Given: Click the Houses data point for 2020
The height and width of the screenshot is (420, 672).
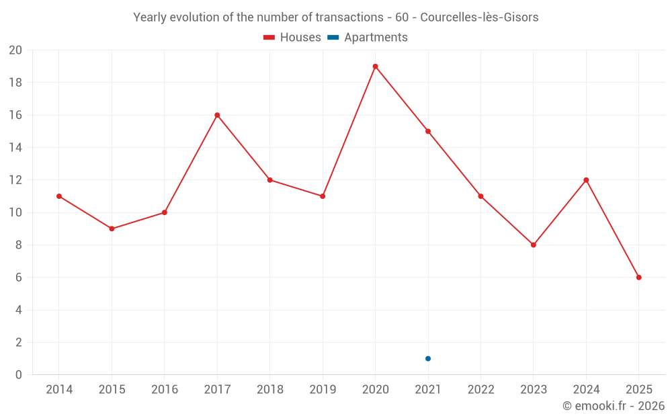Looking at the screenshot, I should click(375, 67).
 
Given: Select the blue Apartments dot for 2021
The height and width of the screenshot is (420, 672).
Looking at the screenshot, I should click(428, 358).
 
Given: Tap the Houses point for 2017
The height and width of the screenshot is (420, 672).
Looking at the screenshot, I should click(217, 115).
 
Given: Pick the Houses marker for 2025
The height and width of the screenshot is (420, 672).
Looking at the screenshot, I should click(638, 278).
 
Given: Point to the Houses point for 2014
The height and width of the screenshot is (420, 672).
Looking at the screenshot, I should click(59, 196).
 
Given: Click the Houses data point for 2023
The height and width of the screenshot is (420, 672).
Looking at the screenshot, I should click(534, 245).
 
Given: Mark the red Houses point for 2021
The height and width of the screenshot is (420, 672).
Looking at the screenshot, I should click(428, 131).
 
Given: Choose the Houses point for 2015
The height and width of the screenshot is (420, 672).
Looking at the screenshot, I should click(112, 228).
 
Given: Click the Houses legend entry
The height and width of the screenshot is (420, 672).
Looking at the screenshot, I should click(292, 38).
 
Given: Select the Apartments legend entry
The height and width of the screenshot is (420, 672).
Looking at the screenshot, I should click(368, 38).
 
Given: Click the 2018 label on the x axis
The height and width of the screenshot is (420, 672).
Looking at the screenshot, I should click(269, 390).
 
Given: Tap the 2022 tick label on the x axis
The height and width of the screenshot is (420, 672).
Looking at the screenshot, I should click(480, 390).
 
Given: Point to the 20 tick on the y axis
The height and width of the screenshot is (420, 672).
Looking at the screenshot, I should click(15, 50).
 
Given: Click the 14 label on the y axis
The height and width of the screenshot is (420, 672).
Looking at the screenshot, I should click(15, 148).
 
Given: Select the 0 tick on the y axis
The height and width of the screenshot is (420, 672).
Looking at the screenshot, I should click(19, 375).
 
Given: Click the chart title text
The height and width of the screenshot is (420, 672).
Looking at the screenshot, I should click(336, 17).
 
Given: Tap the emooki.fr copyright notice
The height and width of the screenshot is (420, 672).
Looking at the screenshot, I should click(613, 406).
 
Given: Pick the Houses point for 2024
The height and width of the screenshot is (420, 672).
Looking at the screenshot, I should click(586, 180).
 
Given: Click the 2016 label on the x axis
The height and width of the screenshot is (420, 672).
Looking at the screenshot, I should click(164, 390).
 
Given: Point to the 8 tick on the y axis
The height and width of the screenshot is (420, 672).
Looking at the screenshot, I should click(19, 245).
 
